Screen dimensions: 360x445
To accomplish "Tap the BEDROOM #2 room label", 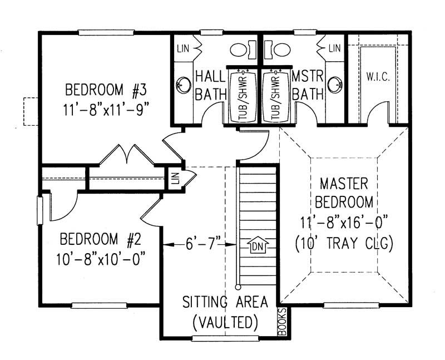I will click(x=100, y=240).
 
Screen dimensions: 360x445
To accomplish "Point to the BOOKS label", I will click(x=281, y=323).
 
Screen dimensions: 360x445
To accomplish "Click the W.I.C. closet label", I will click(x=377, y=76).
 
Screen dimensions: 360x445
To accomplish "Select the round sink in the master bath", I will click(x=334, y=85).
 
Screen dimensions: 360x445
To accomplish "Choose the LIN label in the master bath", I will click(x=334, y=49).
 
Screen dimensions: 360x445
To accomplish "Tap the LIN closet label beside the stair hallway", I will click(x=175, y=178).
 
